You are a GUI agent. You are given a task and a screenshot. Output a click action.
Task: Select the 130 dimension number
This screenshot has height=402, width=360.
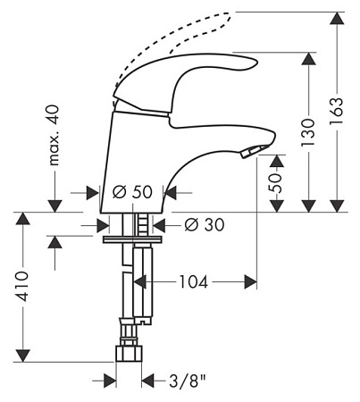308,132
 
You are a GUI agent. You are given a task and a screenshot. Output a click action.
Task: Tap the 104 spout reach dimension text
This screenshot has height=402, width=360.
193,281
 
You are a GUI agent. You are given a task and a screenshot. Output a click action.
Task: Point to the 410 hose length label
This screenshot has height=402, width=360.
22,286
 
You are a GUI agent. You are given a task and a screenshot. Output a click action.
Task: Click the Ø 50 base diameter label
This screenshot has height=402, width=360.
133,192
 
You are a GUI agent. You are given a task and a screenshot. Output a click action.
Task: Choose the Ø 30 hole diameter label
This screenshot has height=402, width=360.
205,225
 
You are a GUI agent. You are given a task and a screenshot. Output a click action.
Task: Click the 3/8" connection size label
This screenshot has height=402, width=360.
188,381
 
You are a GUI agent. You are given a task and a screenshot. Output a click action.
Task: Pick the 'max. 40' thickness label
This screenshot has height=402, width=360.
54,135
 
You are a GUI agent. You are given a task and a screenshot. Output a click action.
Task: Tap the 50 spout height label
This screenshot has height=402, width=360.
275,183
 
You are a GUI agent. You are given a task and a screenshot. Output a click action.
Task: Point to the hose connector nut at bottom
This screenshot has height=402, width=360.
129,354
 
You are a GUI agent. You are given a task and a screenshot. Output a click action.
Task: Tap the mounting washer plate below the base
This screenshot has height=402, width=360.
133,239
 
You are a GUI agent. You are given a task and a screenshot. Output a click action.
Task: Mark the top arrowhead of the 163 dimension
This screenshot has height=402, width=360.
337,19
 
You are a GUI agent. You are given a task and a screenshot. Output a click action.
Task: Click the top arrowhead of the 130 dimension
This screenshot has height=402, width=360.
308,59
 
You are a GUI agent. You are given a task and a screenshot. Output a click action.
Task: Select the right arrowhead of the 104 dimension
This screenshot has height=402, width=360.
250,281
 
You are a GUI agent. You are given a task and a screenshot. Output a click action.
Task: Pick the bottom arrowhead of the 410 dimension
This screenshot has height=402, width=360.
23,356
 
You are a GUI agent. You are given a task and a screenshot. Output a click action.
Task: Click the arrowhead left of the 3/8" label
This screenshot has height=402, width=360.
110,381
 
